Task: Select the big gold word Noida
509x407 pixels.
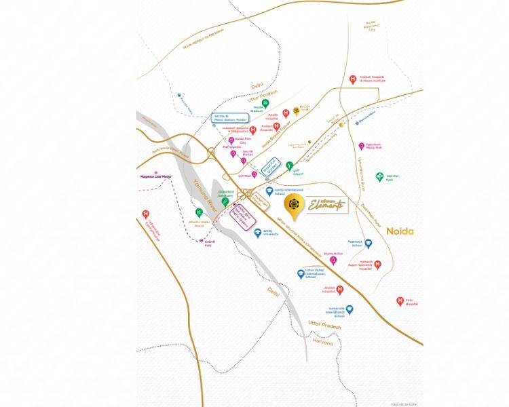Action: (x=400, y=231)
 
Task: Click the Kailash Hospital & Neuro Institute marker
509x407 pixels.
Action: (x=353, y=79)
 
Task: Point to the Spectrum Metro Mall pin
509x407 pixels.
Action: (x=362, y=146)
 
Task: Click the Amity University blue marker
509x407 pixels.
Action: (x=258, y=233)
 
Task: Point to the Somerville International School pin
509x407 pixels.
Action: (x=350, y=309)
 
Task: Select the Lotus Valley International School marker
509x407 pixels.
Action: (x=301, y=274)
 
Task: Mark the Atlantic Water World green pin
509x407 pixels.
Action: (x=198, y=212)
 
